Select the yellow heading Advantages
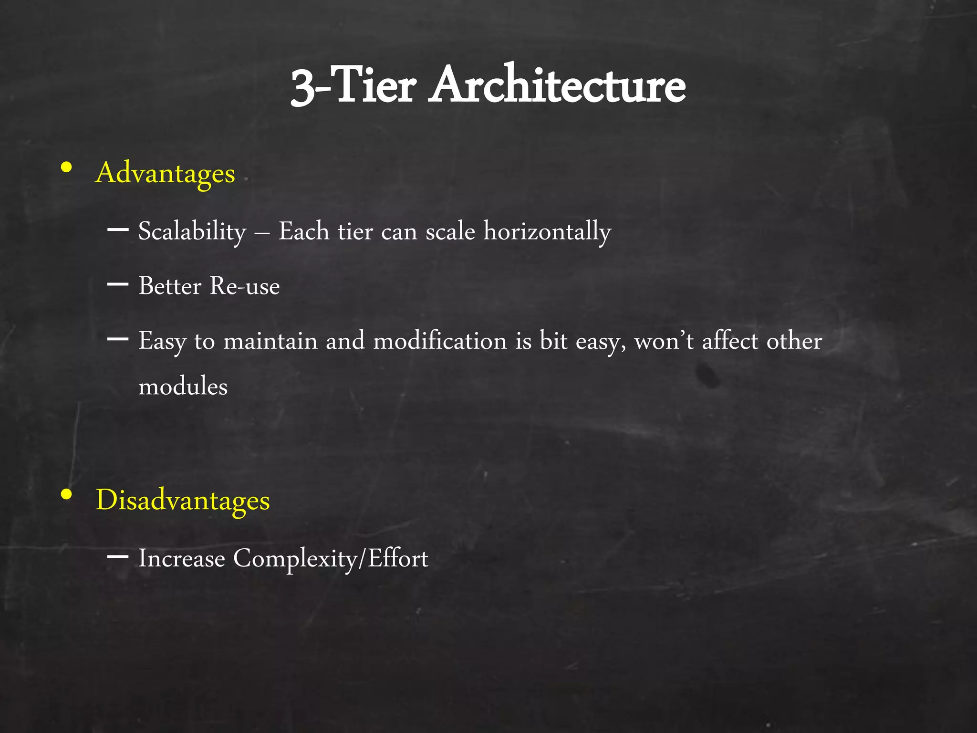[165, 173]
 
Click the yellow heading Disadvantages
[183, 500]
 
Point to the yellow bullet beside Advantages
[67, 168]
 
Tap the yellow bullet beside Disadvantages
[67, 495]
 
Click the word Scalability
[192, 232]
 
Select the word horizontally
[547, 232]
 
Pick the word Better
[170, 286]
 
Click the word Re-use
[245, 286]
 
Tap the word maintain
[270, 341]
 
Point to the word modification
[440, 341]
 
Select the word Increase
[181, 558]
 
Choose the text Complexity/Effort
[331, 558]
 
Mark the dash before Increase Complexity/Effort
[118, 556]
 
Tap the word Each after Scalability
[304, 232]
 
